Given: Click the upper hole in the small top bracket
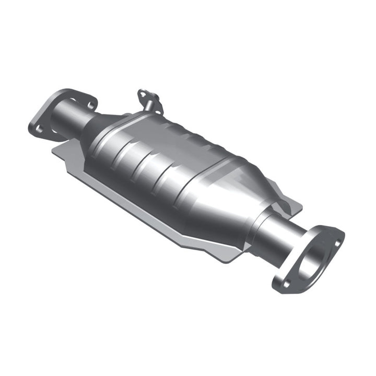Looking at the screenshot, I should pos(142,95).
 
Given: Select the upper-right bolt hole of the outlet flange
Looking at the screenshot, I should pos(337,243).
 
